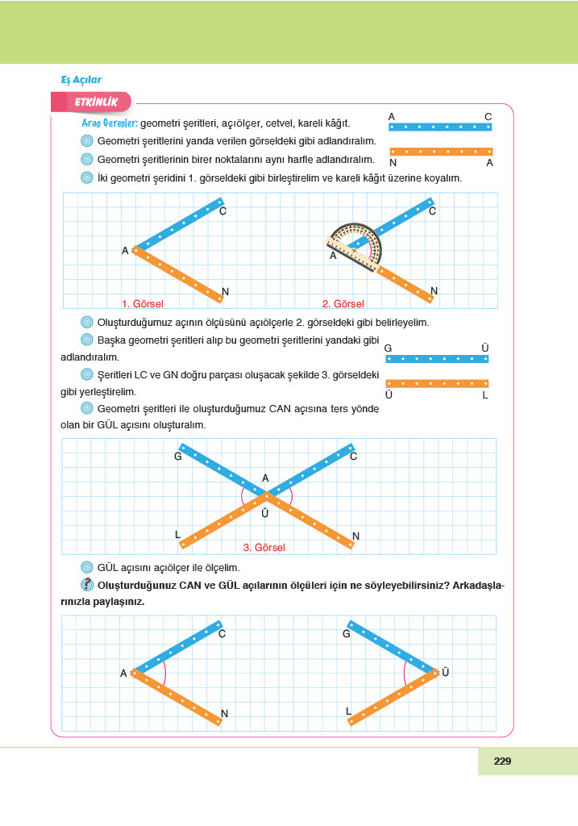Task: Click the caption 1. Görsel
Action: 143,304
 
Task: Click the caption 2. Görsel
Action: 343,304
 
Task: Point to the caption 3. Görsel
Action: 264,547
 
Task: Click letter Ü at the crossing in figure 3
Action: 264,513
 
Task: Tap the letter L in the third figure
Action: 177,535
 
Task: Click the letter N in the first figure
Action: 225,291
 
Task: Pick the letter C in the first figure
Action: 222,211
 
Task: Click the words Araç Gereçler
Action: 110,123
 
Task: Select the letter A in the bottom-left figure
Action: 123,673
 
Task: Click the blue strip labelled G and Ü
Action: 437,359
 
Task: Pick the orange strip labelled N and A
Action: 440,151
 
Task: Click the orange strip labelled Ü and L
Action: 437,383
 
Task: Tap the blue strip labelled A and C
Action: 440,127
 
